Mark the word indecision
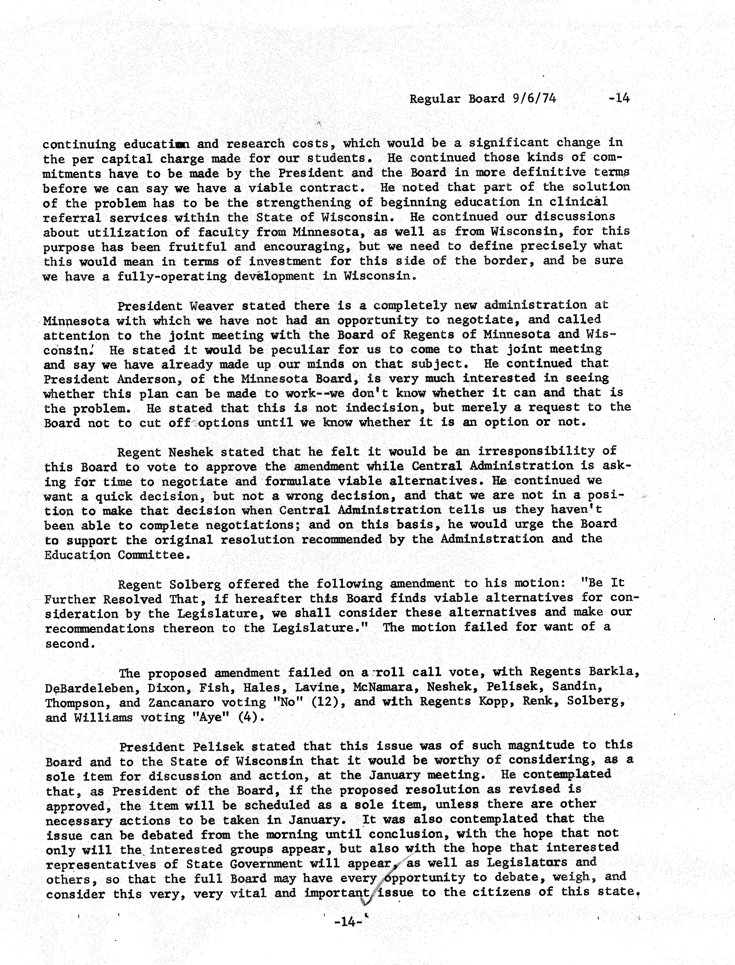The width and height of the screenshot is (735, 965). click(385, 408)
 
